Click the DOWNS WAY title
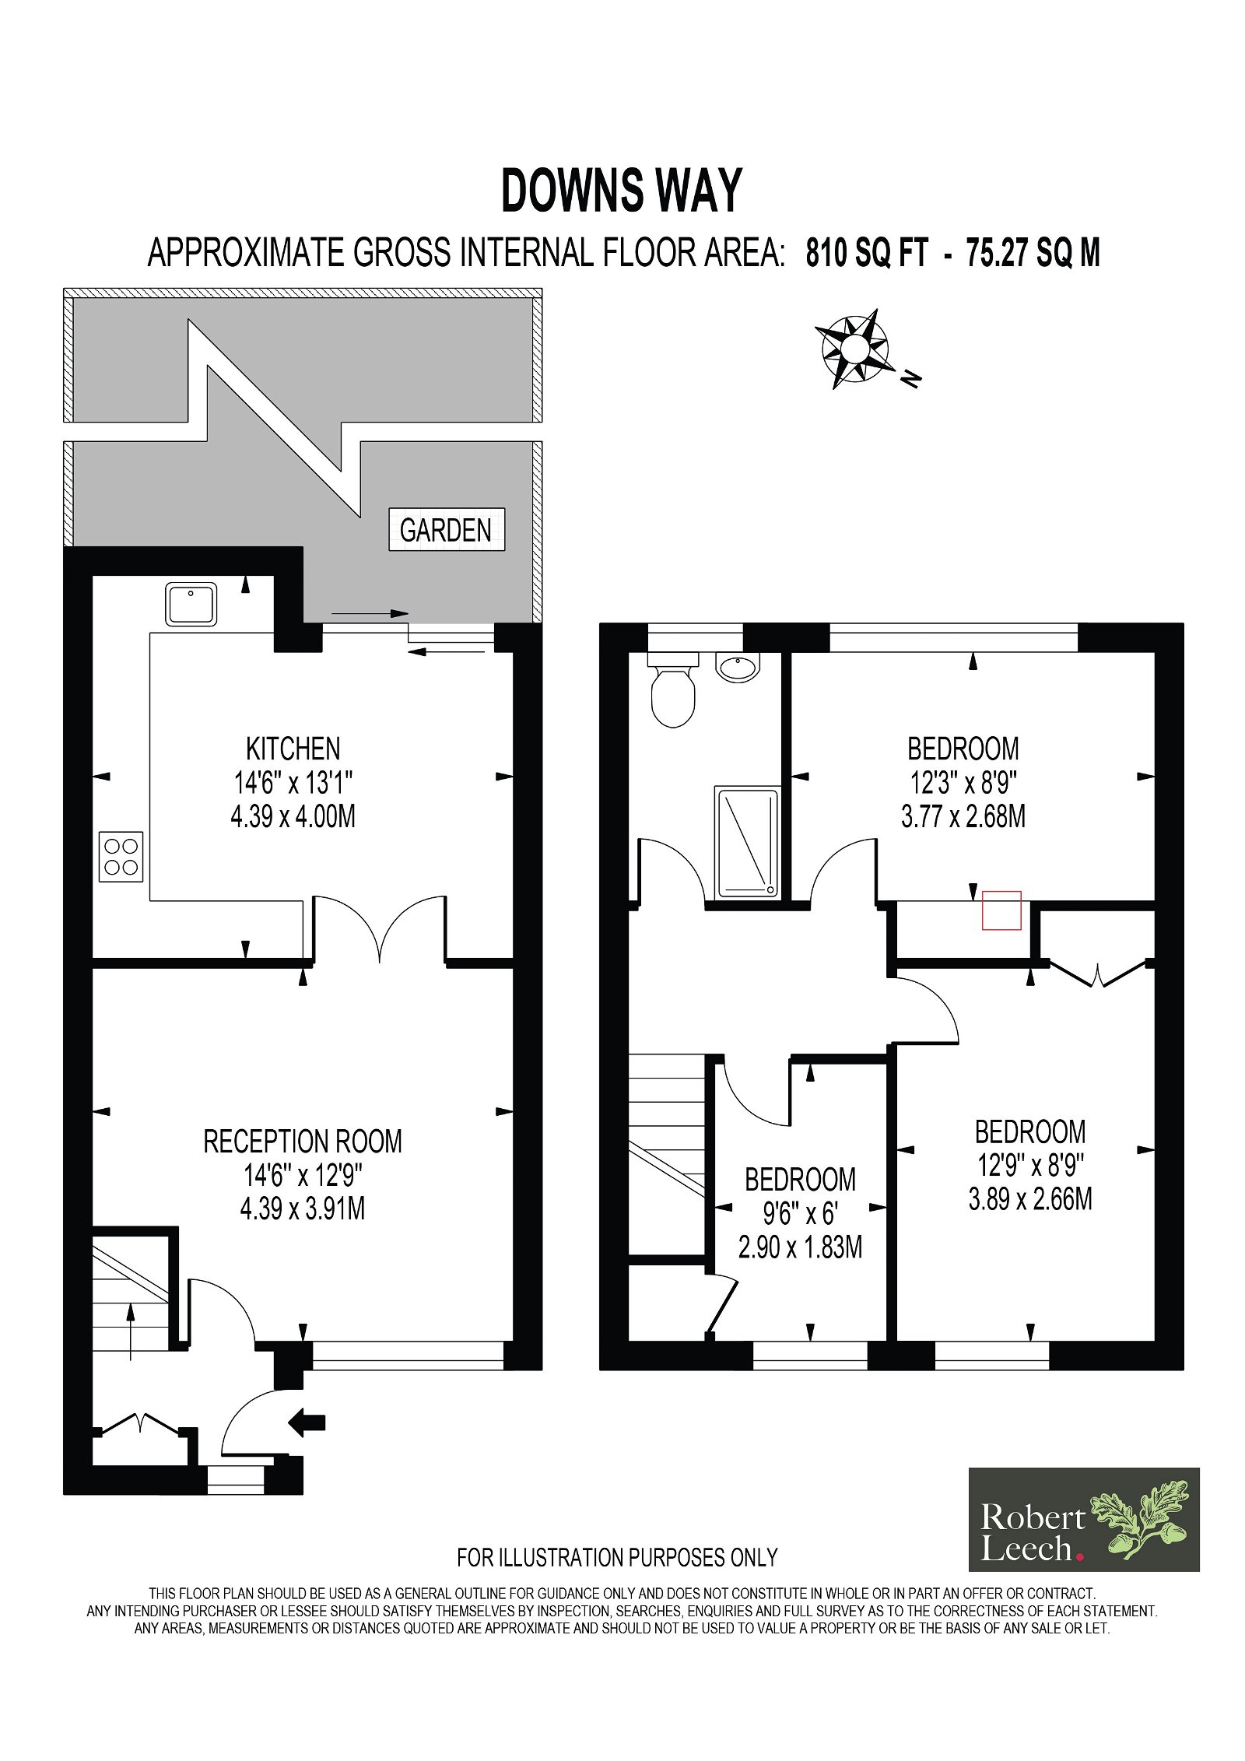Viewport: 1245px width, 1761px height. click(x=622, y=191)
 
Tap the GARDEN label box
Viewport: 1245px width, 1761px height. click(x=447, y=530)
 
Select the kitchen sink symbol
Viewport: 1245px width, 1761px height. click(x=191, y=605)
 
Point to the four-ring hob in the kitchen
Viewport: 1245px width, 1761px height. click(x=121, y=857)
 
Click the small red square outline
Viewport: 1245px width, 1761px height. click(x=1001, y=910)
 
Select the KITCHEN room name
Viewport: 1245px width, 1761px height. click(x=293, y=749)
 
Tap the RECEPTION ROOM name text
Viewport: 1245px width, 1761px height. click(x=303, y=1142)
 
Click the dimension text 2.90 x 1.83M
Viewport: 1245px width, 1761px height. click(x=800, y=1247)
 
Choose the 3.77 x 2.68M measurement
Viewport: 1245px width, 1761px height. click(x=963, y=816)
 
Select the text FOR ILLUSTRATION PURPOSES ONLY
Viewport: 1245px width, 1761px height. click(x=618, y=1557)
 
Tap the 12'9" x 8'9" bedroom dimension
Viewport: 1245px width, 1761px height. click(x=1031, y=1165)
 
